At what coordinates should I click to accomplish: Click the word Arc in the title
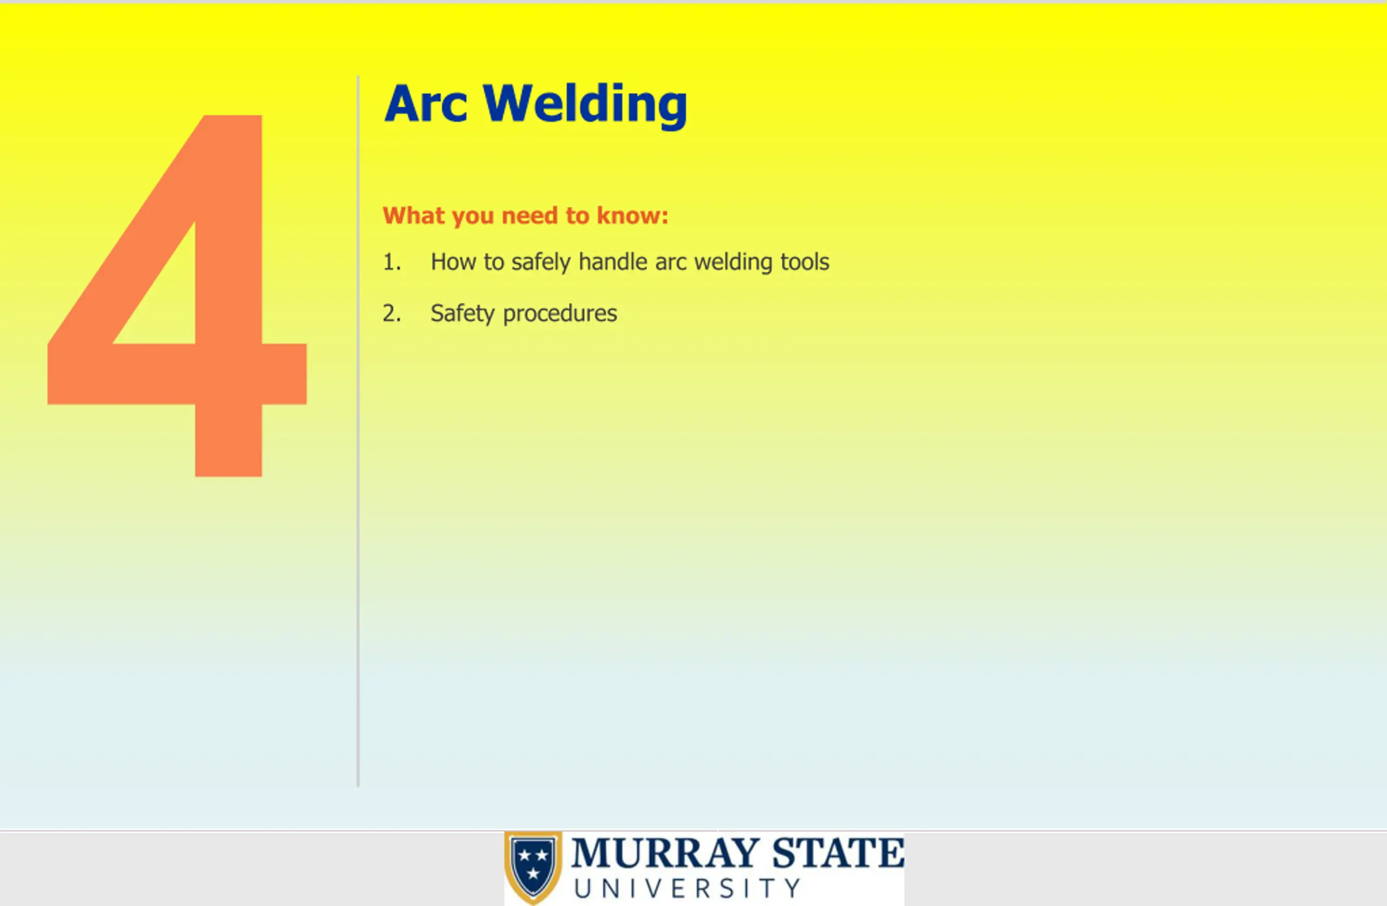tap(426, 104)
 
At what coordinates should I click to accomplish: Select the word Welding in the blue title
tap(585, 106)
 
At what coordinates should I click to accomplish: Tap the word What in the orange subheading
tap(413, 215)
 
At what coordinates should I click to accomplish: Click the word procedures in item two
tap(560, 314)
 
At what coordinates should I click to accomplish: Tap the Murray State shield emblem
tap(533, 867)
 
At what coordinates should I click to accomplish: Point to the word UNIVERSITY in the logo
tap(687, 889)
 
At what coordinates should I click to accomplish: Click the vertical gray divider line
tap(358, 431)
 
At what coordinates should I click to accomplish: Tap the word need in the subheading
tap(530, 215)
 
